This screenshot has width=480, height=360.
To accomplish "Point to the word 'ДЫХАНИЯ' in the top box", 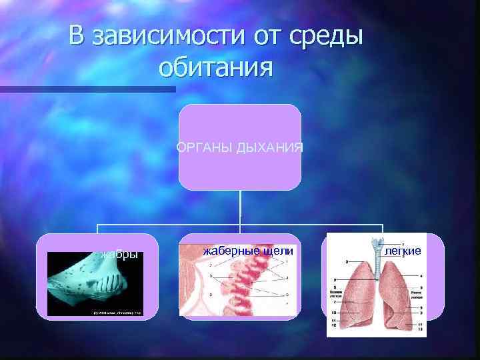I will click(269, 147).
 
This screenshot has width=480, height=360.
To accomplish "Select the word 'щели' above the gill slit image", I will click(275, 251).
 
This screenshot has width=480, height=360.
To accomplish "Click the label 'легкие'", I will click(403, 251).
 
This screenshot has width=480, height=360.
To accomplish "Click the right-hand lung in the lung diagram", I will click(404, 293).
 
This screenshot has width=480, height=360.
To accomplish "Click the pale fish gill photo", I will click(93, 283).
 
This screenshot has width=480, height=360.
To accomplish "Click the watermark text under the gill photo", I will click(111, 312).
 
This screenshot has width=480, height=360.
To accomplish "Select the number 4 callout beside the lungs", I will click(421, 275).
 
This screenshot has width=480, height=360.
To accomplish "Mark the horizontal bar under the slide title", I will click(87, 89).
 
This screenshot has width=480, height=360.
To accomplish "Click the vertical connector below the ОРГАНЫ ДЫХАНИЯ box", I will click(240, 207).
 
